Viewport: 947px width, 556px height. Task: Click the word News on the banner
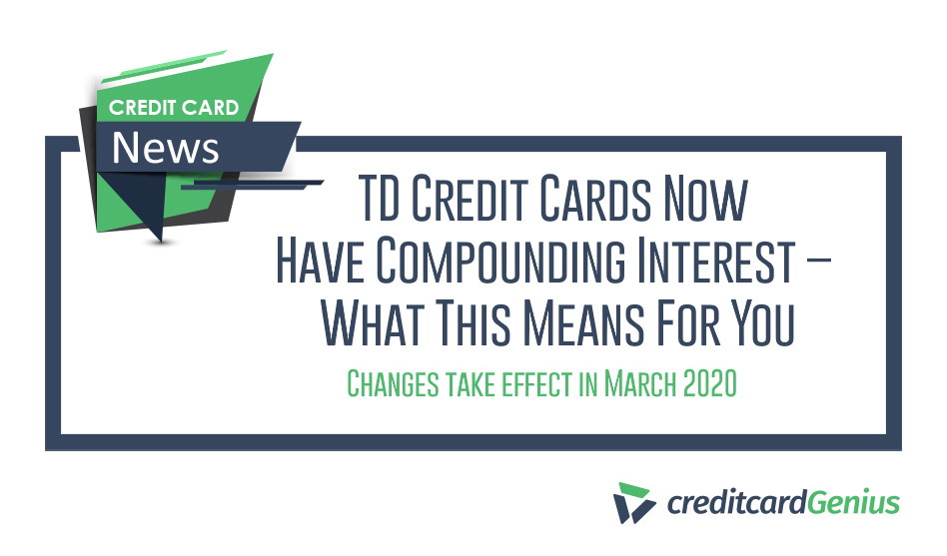(165, 148)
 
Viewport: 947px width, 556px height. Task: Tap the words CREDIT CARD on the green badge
(175, 107)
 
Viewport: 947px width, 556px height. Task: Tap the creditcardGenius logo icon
(634, 503)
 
